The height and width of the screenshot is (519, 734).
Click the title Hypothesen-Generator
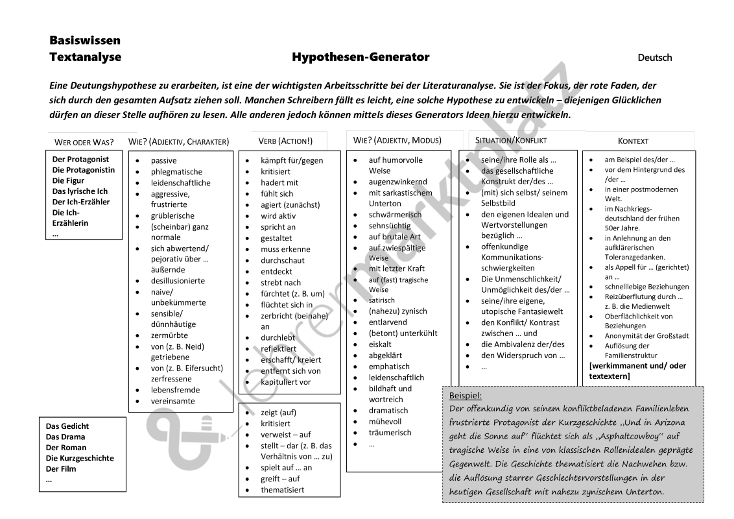pyautogui.click(x=361, y=57)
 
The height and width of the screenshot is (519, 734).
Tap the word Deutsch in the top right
pyautogui.click(x=654, y=58)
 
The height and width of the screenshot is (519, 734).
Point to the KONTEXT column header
pyautogui.click(x=633, y=141)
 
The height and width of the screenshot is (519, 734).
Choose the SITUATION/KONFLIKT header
pyautogui.click(x=511, y=140)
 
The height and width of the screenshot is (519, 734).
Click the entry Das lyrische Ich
pyautogui.click(x=80, y=191)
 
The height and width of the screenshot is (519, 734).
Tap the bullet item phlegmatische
pyautogui.click(x=176, y=172)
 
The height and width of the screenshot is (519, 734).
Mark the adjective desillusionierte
pyautogui.click(x=178, y=281)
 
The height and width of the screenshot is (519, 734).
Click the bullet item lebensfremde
pyautogui.click(x=175, y=390)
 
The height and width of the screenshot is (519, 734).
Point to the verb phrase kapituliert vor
pyautogui.click(x=286, y=381)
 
